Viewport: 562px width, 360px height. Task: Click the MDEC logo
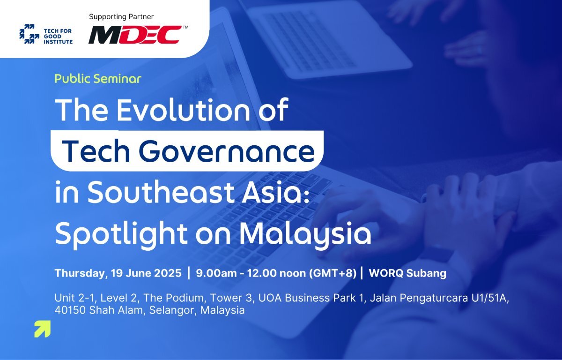click(135, 35)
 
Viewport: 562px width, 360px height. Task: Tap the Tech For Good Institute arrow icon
click(30, 34)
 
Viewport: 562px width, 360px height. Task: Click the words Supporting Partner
click(121, 17)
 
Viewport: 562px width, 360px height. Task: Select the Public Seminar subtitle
click(98, 79)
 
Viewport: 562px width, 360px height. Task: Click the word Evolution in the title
click(184, 110)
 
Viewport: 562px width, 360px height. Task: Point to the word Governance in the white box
click(227, 151)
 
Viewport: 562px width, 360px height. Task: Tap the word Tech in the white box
click(96, 151)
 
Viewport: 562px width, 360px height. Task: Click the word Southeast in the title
click(160, 192)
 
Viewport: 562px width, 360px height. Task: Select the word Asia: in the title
click(275, 192)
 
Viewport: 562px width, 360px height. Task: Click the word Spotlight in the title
click(121, 235)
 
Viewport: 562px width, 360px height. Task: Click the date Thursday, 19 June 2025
click(118, 273)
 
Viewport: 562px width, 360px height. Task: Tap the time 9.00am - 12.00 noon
click(251, 273)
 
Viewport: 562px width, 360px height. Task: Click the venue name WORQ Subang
click(407, 273)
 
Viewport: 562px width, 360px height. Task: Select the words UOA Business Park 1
click(311, 298)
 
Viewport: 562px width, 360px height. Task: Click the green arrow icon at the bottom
click(43, 329)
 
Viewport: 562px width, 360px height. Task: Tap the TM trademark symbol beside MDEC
click(185, 27)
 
